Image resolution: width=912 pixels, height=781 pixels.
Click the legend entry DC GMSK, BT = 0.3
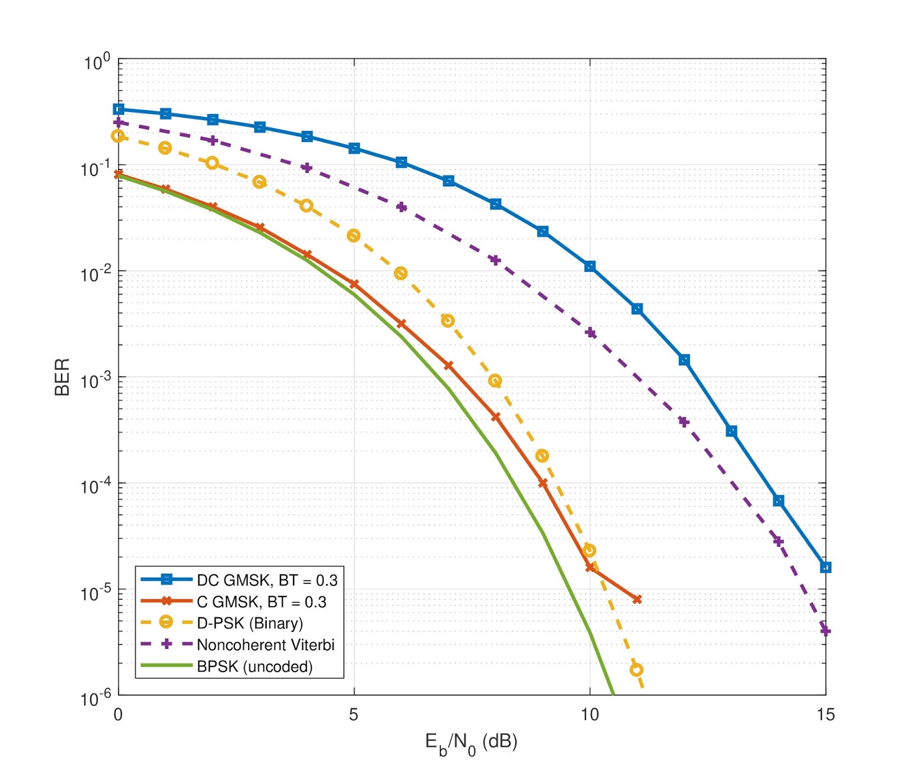pyautogui.click(x=267, y=580)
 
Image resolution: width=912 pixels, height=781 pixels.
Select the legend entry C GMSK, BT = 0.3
pyautogui.click(x=261, y=602)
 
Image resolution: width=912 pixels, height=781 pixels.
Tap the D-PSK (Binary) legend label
pyautogui.click(x=250, y=623)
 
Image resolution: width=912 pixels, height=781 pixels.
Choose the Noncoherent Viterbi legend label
pyautogui.click(x=266, y=645)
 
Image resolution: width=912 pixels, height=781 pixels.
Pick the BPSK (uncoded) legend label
pyautogui.click(x=254, y=666)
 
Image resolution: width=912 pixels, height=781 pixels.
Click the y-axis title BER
pyautogui.click(x=62, y=377)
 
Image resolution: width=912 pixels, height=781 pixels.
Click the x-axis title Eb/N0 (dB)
pyautogui.click(x=471, y=743)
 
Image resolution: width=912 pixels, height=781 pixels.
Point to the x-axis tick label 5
pyautogui.click(x=353, y=714)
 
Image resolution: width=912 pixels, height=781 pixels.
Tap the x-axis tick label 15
pyautogui.click(x=825, y=714)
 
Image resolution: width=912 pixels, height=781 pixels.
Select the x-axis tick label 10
pyautogui.click(x=589, y=714)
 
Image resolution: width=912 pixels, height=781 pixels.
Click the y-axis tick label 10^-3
pyautogui.click(x=96, y=379)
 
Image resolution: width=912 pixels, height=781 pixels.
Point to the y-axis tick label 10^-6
pyautogui.click(x=96, y=697)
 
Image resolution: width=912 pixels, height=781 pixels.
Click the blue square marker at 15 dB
pyautogui.click(x=825, y=567)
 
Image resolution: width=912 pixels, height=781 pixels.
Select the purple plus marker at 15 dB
pyautogui.click(x=825, y=631)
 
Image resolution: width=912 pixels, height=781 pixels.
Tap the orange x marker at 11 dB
pyautogui.click(x=637, y=599)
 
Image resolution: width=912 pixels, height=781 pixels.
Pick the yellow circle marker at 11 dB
pyautogui.click(x=636, y=670)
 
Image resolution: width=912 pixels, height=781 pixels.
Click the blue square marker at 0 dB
pyautogui.click(x=119, y=109)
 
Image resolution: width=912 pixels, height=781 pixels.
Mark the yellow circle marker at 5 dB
pyautogui.click(x=353, y=236)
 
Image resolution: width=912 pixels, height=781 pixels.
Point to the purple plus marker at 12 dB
pyautogui.click(x=684, y=422)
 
